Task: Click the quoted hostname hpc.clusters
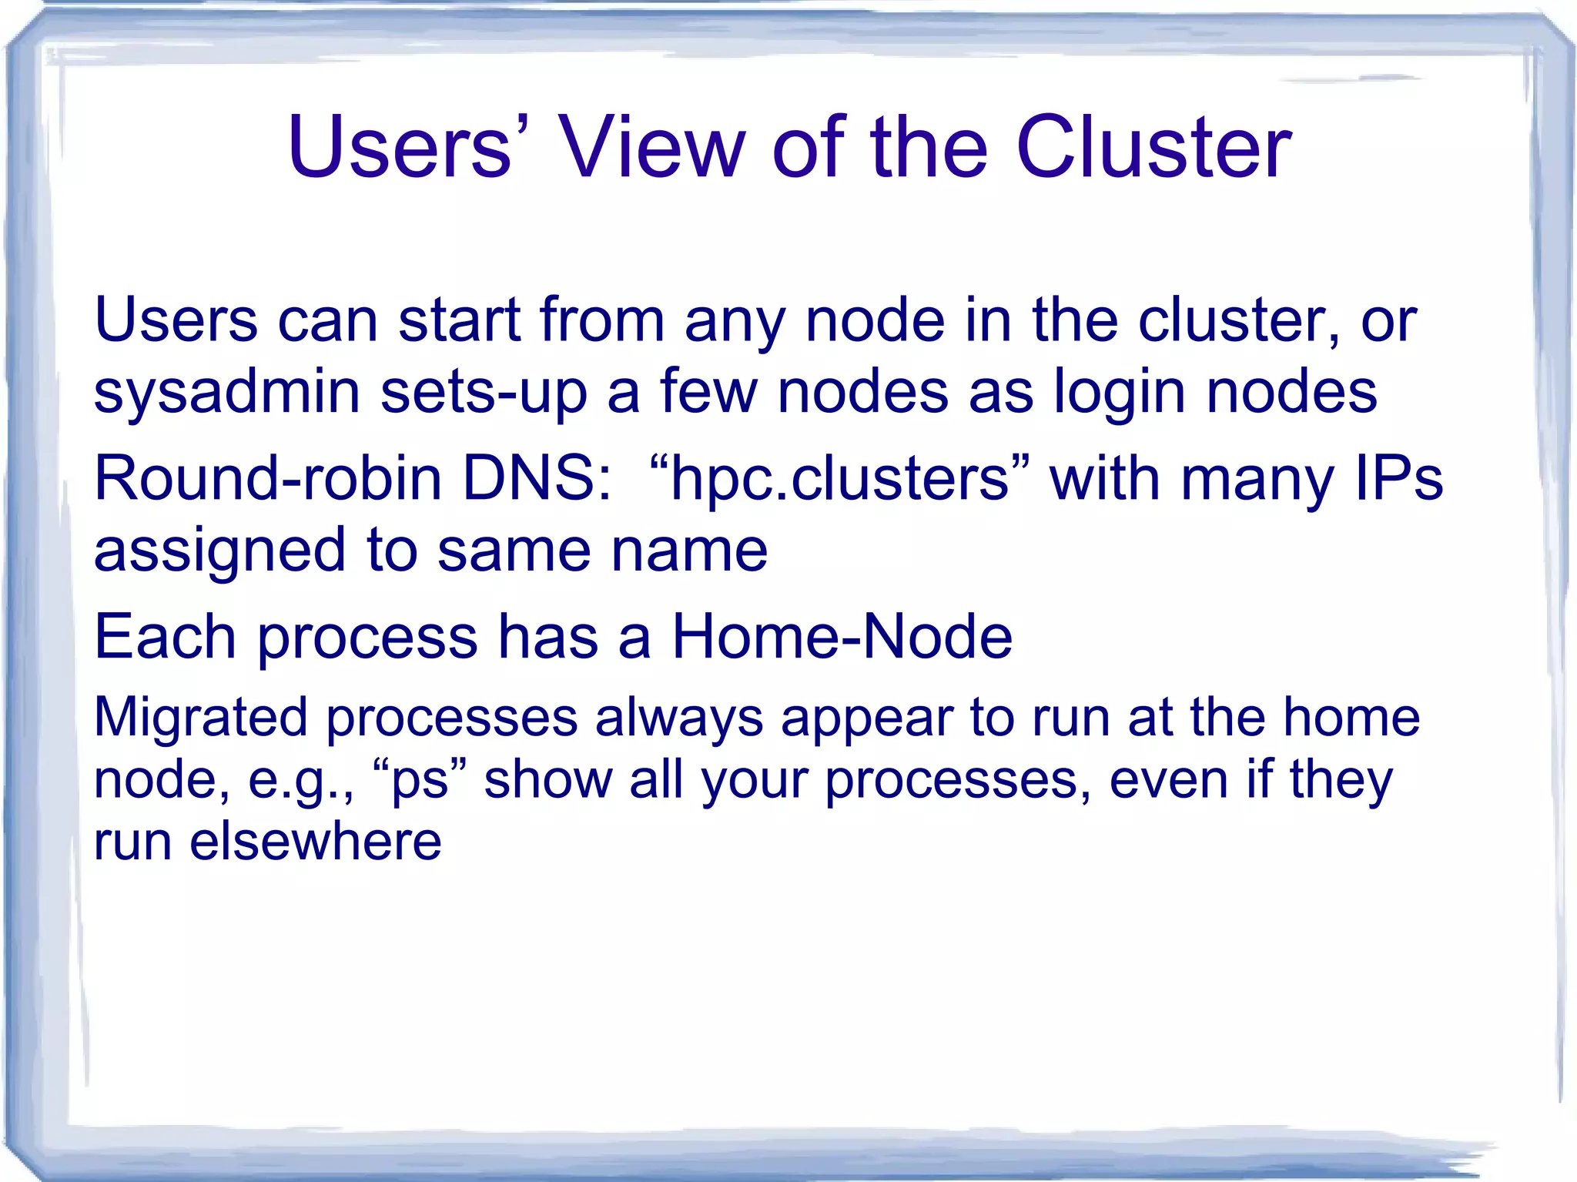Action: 839,479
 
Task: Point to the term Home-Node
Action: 842,637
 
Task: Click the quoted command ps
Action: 420,779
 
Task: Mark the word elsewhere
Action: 315,841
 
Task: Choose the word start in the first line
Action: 460,320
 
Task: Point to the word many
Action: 1257,479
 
